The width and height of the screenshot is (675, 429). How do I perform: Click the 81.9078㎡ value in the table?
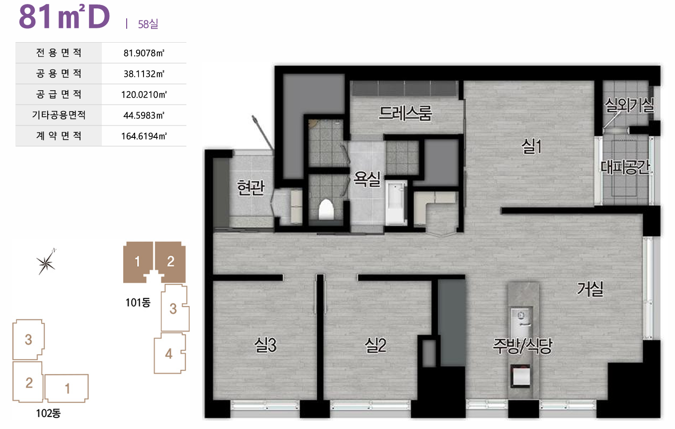144,53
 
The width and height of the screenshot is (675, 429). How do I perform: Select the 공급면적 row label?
59,94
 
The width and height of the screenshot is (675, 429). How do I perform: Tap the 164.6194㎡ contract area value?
144,136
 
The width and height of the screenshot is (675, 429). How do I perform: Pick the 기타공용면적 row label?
59,115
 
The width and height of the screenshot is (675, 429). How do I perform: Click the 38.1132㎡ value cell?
144,74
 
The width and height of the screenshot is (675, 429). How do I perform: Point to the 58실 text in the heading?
148,24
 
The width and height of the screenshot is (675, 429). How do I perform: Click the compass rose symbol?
46,262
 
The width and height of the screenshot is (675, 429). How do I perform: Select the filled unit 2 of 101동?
170,261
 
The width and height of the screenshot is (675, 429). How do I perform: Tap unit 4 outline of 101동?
170,353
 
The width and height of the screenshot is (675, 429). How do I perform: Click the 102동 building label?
48,413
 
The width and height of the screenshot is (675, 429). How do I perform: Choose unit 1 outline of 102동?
67,388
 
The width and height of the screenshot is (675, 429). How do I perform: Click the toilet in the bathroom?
326,209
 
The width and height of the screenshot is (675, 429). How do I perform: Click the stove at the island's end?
520,376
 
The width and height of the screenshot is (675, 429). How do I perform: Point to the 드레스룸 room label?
405,113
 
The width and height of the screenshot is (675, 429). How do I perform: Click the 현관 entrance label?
251,187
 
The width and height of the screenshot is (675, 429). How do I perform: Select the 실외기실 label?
629,105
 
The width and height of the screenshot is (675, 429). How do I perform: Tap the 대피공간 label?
625,167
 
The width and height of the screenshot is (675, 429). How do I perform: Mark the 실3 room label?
265,345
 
